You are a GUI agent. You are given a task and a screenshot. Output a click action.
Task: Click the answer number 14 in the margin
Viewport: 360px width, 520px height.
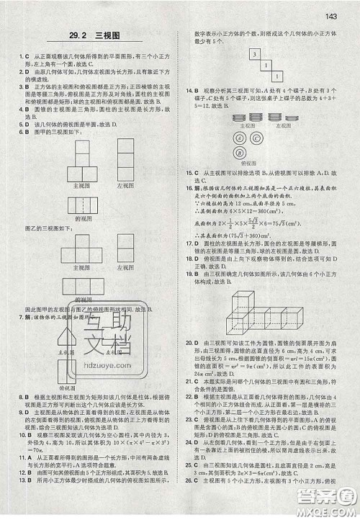point(188,91)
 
